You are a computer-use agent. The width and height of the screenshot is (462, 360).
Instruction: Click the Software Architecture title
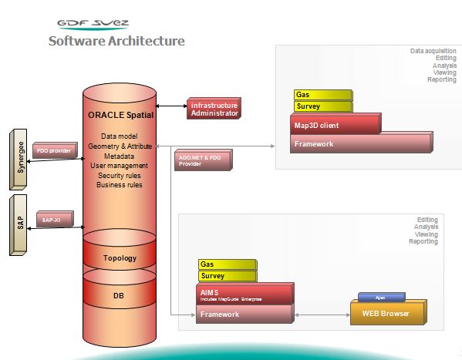click(x=116, y=41)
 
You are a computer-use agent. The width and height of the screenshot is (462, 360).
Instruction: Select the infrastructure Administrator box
click(x=214, y=109)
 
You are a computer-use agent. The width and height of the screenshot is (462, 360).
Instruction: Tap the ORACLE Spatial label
click(x=120, y=115)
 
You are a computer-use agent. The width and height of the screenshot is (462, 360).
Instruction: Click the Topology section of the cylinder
click(x=120, y=258)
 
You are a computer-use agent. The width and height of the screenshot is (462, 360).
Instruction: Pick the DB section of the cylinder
click(x=120, y=295)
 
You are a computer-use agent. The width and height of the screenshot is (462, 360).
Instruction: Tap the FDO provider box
click(x=55, y=151)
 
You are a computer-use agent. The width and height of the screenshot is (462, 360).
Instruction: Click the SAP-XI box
click(x=52, y=220)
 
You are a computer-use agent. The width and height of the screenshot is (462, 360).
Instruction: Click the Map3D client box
click(x=335, y=124)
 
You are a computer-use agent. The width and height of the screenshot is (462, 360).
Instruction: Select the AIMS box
click(x=244, y=294)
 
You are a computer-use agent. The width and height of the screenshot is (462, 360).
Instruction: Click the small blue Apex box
click(x=380, y=297)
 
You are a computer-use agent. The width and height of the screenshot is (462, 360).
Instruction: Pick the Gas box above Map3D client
click(x=322, y=95)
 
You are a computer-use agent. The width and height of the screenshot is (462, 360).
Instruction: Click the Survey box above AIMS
click(x=227, y=275)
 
